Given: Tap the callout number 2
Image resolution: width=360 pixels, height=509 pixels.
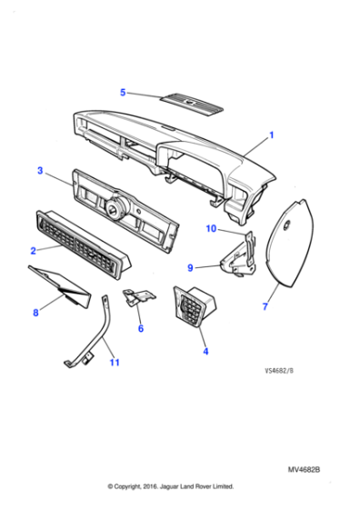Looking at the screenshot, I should (x=33, y=249).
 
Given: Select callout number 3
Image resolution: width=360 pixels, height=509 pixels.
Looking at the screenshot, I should (x=39, y=170).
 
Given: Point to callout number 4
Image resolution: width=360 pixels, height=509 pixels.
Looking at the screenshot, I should (x=205, y=350).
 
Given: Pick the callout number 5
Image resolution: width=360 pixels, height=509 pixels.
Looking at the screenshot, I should (x=124, y=92).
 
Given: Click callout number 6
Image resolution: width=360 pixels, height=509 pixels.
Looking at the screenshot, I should (x=141, y=328).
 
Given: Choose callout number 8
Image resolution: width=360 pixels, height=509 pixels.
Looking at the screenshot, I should (x=35, y=313).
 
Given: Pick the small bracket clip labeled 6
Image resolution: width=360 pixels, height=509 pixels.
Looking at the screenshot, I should (x=136, y=297).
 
